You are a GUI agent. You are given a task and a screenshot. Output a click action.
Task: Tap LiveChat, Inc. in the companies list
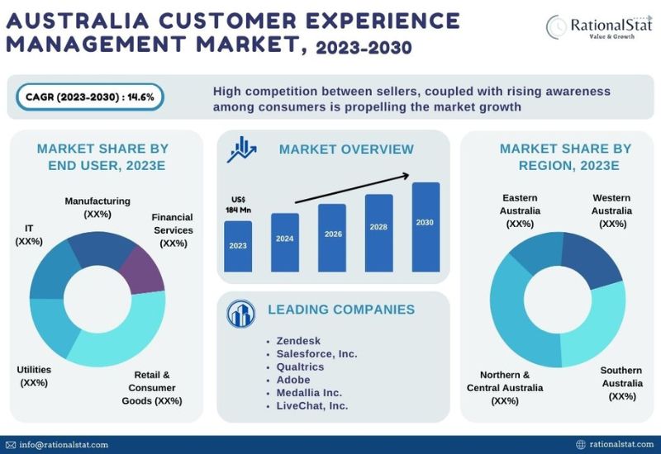click(x=312, y=405)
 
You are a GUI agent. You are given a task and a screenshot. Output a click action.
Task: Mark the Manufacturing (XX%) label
click(x=97, y=207)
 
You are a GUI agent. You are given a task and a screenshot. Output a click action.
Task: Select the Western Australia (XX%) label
click(x=612, y=210)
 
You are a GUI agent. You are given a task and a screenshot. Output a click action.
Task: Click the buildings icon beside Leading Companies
click(x=242, y=314)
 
